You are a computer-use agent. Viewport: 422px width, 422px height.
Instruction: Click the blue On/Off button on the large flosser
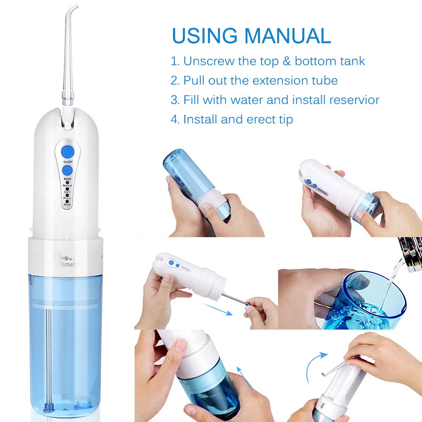coord(67,151)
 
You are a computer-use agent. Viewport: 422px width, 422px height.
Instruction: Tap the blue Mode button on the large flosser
coord(67,170)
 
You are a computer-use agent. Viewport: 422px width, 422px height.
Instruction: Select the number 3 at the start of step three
coord(175,100)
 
